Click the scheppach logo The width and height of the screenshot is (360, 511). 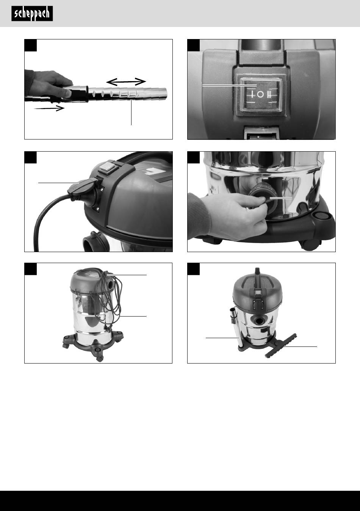click(x=32, y=14)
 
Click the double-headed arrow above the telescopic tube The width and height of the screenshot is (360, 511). click(x=126, y=82)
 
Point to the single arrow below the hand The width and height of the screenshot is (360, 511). click(x=49, y=108)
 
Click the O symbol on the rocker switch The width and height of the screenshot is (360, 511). click(x=260, y=94)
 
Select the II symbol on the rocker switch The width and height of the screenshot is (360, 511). click(x=269, y=94)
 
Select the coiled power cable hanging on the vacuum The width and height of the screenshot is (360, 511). click(x=109, y=301)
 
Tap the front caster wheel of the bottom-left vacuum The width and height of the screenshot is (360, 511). click(x=100, y=359)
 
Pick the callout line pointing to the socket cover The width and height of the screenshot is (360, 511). click(x=59, y=182)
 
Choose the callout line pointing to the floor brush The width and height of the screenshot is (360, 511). click(x=301, y=346)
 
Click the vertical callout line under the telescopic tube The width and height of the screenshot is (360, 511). click(x=131, y=112)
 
